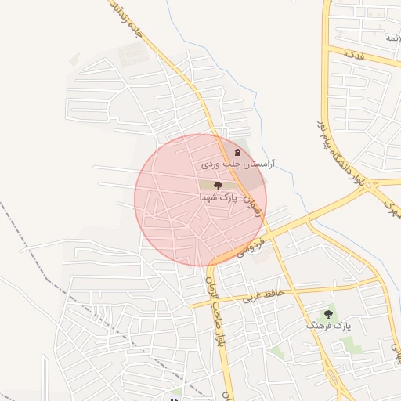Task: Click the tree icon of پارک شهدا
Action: point(218,186)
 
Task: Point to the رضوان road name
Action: point(250,205)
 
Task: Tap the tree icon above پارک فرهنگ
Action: point(328,313)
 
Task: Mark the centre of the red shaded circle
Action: point(200,200)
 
